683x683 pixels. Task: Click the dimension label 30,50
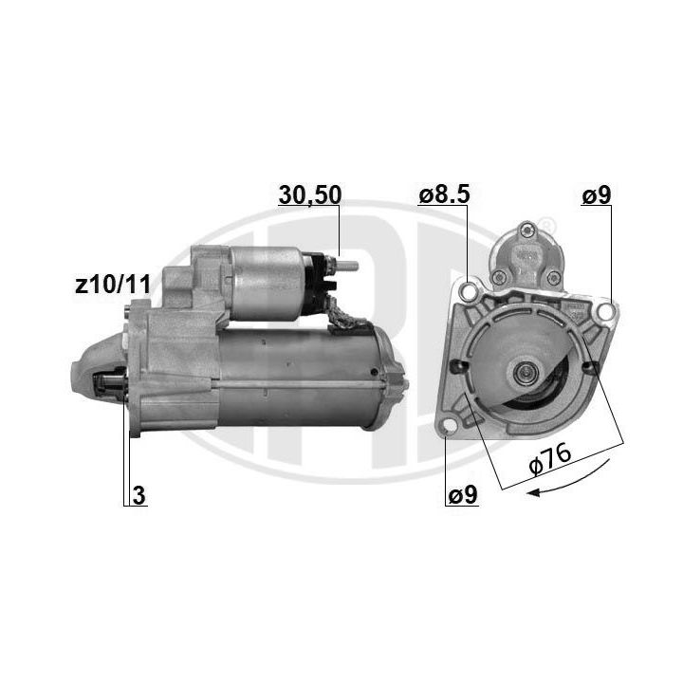point(309,194)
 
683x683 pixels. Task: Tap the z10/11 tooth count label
point(113,285)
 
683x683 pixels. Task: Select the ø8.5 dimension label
point(444,194)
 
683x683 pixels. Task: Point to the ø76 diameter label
point(549,459)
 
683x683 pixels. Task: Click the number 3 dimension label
point(138,496)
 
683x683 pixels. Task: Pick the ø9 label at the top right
point(597,194)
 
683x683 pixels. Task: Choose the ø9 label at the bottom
point(463,495)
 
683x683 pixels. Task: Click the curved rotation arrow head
point(533,492)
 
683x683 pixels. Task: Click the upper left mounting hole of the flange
point(470,290)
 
